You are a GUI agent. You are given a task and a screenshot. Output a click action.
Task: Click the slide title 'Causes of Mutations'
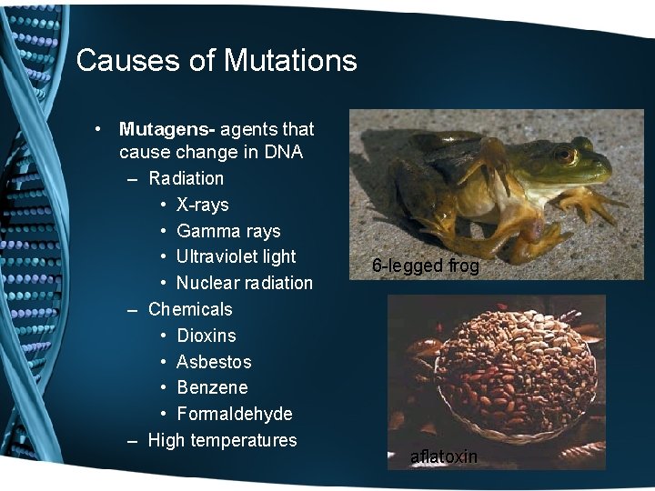217,61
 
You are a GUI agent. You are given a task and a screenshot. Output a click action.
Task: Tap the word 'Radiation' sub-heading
186,178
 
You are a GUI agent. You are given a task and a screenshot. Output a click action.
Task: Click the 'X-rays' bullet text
202,205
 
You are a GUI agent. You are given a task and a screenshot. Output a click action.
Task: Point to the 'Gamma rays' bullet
228,231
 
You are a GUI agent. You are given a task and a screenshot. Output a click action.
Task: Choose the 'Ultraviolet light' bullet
237,256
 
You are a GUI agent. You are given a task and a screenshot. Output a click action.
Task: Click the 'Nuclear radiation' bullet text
244,283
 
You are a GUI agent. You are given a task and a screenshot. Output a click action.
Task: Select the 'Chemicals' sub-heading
190,309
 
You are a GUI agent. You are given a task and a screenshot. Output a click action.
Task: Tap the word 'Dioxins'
206,336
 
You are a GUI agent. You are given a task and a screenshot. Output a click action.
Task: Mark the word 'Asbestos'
214,362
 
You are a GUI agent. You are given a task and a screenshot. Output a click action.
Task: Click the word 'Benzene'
212,387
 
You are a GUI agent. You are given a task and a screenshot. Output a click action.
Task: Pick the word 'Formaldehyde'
235,414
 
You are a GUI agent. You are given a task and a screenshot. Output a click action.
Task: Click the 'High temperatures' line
222,440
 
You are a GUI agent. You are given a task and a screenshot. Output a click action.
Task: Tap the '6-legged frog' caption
426,266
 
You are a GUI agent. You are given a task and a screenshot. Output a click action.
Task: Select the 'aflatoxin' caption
443,456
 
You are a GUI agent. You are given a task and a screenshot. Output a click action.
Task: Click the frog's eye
565,154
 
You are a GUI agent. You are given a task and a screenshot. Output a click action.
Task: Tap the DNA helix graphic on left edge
32,245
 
